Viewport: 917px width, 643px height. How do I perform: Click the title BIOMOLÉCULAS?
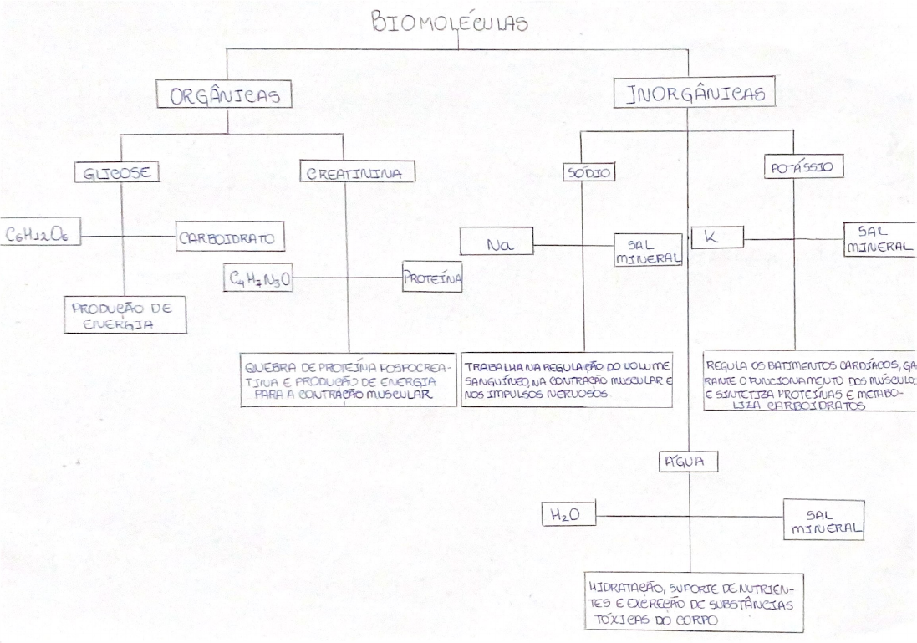450,23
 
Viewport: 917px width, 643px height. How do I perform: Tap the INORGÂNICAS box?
695,94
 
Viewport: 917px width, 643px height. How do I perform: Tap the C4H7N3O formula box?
259,278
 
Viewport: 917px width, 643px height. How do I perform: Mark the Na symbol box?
497,245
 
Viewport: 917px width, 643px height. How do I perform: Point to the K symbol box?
716,237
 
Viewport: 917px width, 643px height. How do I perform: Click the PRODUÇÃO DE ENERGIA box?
125,315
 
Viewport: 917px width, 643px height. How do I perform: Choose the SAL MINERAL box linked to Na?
648,249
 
